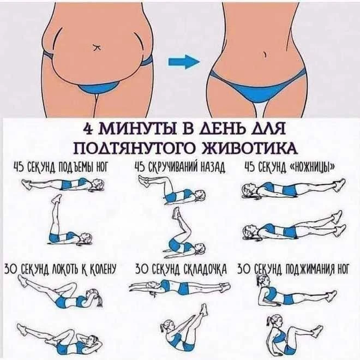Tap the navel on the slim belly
point(265,54)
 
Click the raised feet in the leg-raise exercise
point(57,199)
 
